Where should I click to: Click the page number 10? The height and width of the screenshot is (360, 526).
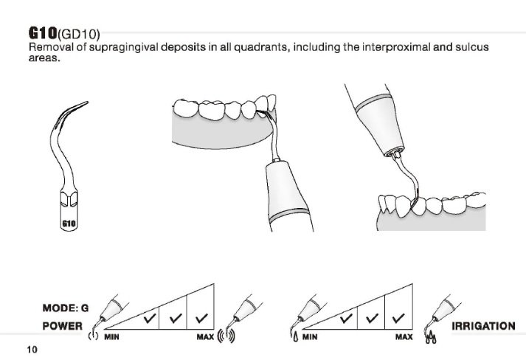[x=31, y=348]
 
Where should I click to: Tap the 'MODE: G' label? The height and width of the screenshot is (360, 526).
[x=65, y=308]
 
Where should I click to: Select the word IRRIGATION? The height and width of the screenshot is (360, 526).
[x=482, y=325]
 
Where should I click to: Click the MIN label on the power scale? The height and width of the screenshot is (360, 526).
[x=112, y=337]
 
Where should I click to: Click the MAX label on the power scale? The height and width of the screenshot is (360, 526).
[x=204, y=337]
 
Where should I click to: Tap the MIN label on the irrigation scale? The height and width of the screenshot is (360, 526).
[x=311, y=337]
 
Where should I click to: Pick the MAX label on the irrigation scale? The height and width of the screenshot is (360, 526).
[x=404, y=337]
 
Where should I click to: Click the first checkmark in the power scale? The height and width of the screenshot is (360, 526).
[x=150, y=319]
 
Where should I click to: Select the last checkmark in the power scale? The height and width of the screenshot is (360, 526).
[x=201, y=319]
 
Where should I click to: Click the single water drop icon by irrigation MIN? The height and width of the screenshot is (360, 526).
[x=295, y=338]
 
